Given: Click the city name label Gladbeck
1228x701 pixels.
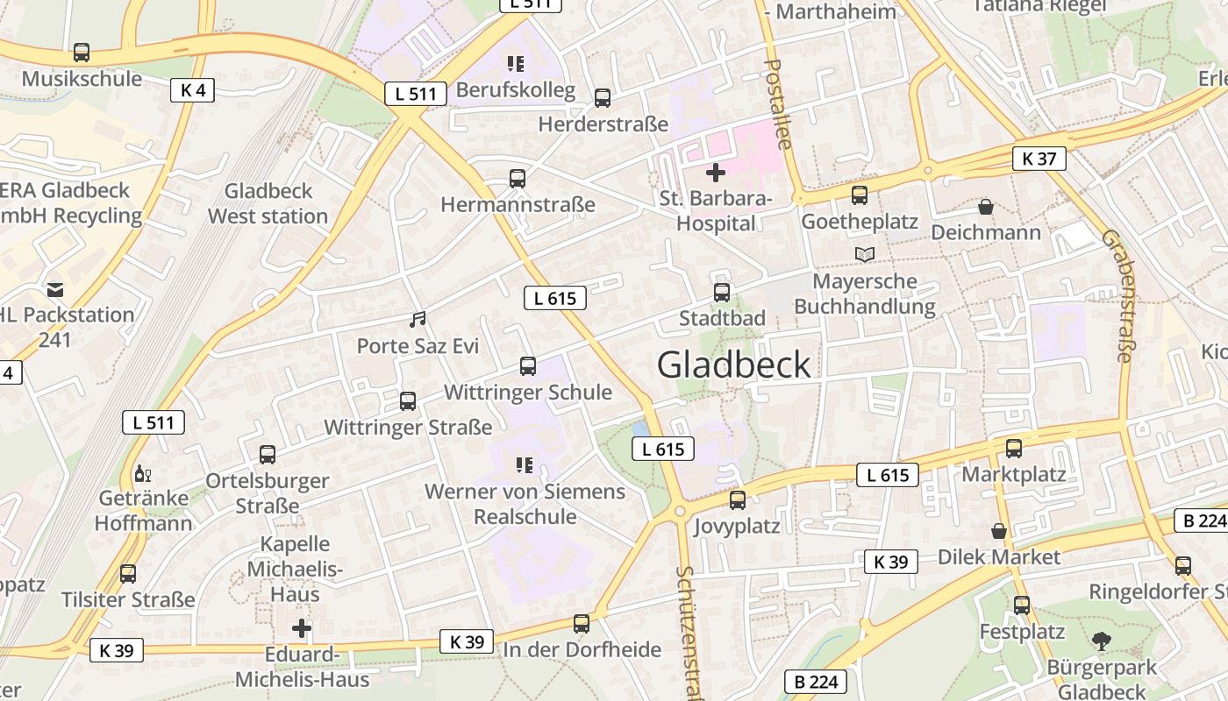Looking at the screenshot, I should pyautogui.click(x=734, y=365).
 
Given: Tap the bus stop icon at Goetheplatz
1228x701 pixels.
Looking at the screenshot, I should pyautogui.click(x=859, y=195).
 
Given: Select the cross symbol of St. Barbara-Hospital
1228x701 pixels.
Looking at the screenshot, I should pyautogui.click(x=716, y=173).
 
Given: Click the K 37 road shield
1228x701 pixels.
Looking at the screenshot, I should pyautogui.click(x=1039, y=159).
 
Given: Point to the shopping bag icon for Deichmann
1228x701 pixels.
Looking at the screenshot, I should pyautogui.click(x=986, y=207).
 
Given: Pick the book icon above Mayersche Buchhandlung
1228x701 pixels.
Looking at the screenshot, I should pyautogui.click(x=865, y=255).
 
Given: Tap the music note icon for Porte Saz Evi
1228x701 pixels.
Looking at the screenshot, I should pyautogui.click(x=418, y=320).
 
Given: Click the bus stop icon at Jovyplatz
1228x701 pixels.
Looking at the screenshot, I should pyautogui.click(x=738, y=500).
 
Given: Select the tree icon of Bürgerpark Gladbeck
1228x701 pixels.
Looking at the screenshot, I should pyautogui.click(x=1102, y=641).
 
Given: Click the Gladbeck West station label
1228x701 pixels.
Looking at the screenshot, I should pyautogui.click(x=268, y=203).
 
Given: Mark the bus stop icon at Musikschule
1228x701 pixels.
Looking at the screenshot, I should pyautogui.click(x=82, y=53).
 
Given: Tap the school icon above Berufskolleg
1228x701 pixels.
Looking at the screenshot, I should pyautogui.click(x=516, y=64).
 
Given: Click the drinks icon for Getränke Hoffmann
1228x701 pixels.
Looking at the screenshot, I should pyautogui.click(x=142, y=474).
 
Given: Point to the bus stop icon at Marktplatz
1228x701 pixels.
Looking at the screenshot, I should pyautogui.click(x=1014, y=449).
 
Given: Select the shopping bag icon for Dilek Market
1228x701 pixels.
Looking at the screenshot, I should pyautogui.click(x=998, y=531).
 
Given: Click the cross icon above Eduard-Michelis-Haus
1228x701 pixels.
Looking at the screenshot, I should pyautogui.click(x=302, y=628).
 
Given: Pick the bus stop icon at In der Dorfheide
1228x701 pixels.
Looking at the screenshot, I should pyautogui.click(x=582, y=624).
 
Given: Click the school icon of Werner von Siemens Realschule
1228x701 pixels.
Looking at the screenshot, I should pyautogui.click(x=525, y=465).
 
